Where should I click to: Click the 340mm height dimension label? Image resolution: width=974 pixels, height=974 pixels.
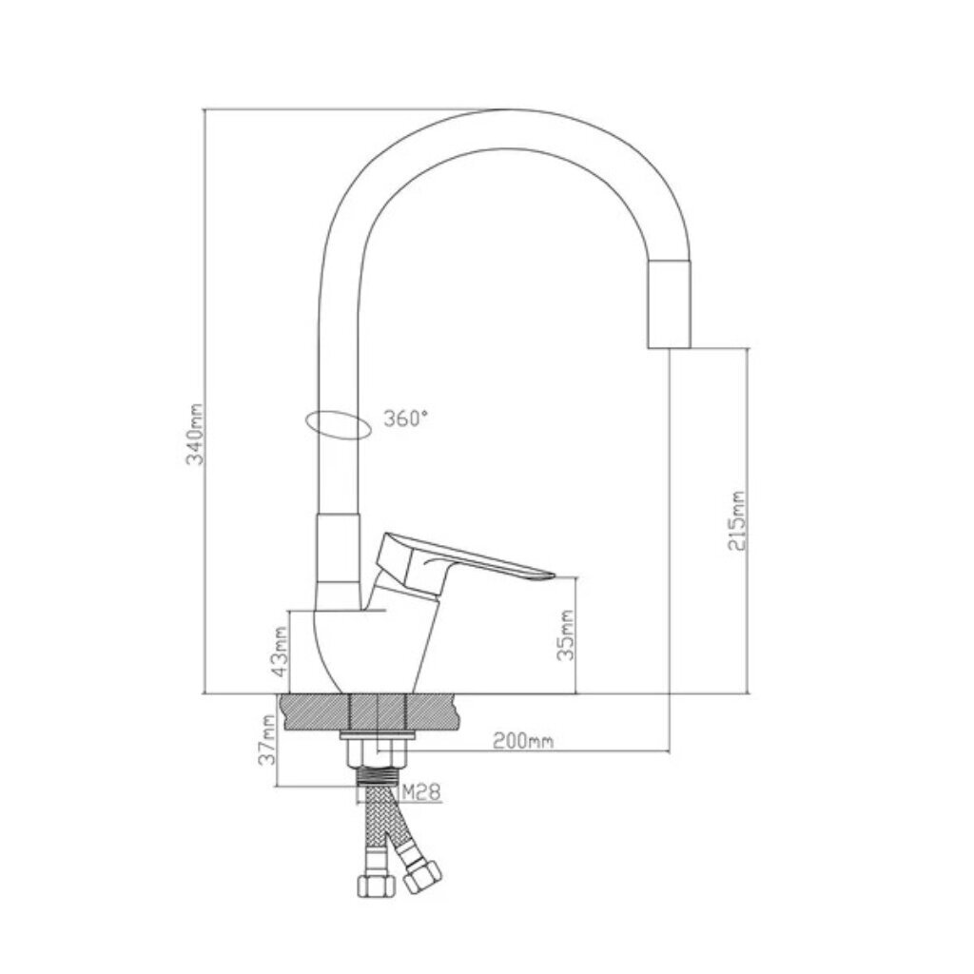196,434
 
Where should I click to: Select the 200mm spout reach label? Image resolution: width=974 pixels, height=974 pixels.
523,740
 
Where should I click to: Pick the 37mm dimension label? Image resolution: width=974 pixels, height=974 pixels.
267,739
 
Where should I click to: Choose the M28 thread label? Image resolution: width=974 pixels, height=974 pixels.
421,792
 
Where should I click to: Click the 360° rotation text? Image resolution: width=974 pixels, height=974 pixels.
405,419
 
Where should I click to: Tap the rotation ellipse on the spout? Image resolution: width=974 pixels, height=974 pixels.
339,425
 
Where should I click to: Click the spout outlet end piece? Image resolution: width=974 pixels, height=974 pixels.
669,304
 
